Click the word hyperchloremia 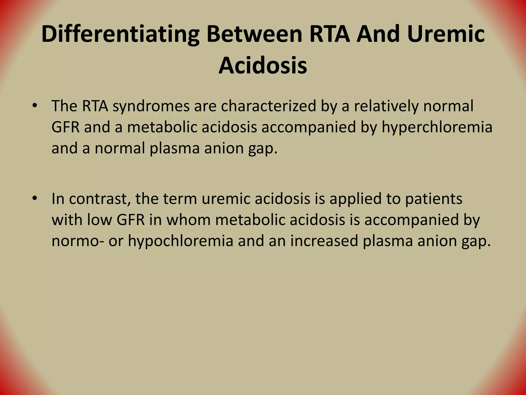pyautogui.click(x=437, y=127)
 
